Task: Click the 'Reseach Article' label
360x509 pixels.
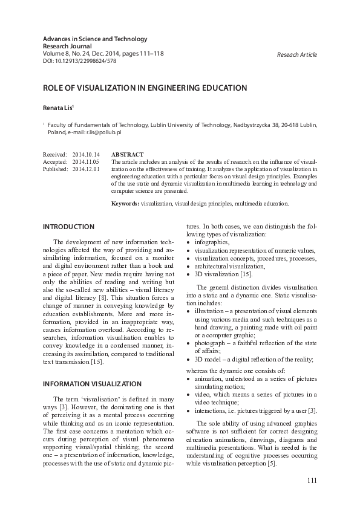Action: pyautogui.click(x=296, y=54)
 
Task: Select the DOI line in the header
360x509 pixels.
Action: pyautogui.click(x=79, y=61)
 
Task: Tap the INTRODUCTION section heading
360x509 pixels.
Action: pyautogui.click(x=68, y=227)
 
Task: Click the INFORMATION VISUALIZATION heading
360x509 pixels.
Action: pyautogui.click(x=92, y=383)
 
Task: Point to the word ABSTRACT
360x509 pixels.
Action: pyautogui.click(x=128, y=155)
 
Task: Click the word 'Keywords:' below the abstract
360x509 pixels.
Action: pyautogui.click(x=125, y=204)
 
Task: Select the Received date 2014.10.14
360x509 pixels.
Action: pyautogui.click(x=86, y=155)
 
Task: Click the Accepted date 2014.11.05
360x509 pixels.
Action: pyautogui.click(x=86, y=162)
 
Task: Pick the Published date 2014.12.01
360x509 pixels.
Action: pyautogui.click(x=86, y=169)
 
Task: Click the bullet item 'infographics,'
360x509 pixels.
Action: pyautogui.click(x=212, y=242)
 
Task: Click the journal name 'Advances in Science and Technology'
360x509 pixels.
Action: pyautogui.click(x=94, y=39)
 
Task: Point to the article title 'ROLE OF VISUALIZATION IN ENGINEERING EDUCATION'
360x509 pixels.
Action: pyautogui.click(x=145, y=88)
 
